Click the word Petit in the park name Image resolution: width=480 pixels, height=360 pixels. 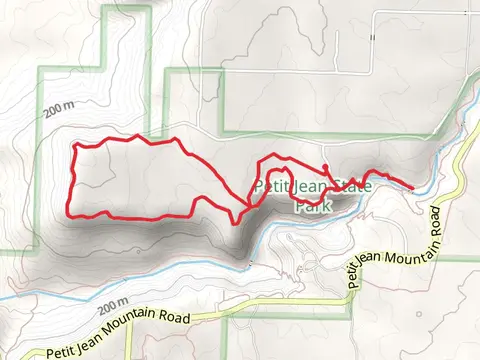point(271,185)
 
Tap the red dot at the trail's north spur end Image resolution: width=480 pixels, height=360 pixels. point(327,166)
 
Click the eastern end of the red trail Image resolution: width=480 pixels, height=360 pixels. point(413,185)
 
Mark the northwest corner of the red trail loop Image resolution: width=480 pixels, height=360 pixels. point(75,147)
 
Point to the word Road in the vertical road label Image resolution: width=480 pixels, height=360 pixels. point(436,217)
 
